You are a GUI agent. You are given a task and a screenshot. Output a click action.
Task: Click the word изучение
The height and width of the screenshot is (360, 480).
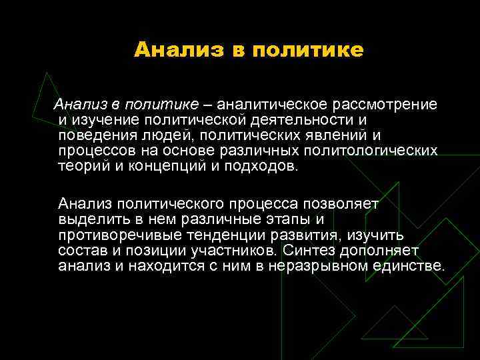click(105, 120)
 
